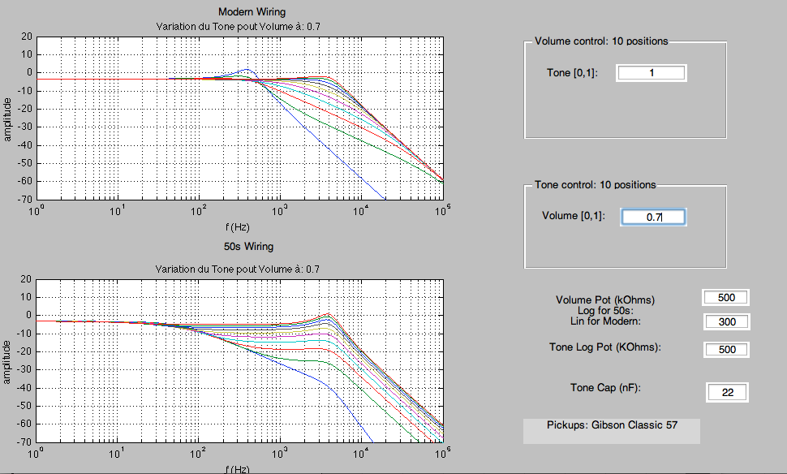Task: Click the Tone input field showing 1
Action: [x=652, y=73]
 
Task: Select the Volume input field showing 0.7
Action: [x=653, y=217]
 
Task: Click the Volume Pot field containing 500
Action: [x=726, y=298]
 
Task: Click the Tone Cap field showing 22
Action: [x=727, y=392]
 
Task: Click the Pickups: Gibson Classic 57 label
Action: [x=611, y=424]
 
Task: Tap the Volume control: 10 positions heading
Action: [x=601, y=41]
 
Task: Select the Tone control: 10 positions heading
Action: [x=595, y=184]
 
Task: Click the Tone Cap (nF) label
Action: [x=605, y=388]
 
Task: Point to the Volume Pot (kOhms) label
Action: [x=604, y=300]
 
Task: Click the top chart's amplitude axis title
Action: [x=7, y=118]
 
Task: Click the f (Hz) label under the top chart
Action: [x=238, y=226]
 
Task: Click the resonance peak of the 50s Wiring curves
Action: [x=328, y=314]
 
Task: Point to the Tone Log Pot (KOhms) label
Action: [x=605, y=347]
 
